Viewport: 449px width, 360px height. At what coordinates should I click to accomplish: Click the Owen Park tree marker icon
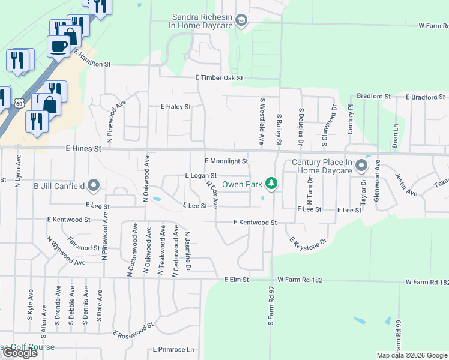271,184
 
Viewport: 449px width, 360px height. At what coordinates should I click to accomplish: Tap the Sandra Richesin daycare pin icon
241,22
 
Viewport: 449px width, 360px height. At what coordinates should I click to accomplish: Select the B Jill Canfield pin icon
93,186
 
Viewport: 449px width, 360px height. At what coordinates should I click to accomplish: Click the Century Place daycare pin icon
361,166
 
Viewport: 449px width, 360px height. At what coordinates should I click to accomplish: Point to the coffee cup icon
59,45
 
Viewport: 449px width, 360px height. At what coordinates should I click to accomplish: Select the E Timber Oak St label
219,78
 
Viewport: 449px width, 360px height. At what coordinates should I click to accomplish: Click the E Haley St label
175,107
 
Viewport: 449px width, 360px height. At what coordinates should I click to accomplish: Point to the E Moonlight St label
226,161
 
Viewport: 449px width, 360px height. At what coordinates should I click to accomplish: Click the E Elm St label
236,280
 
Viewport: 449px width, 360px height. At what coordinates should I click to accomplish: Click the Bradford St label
373,96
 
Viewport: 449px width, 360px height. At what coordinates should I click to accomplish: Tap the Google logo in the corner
19,353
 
